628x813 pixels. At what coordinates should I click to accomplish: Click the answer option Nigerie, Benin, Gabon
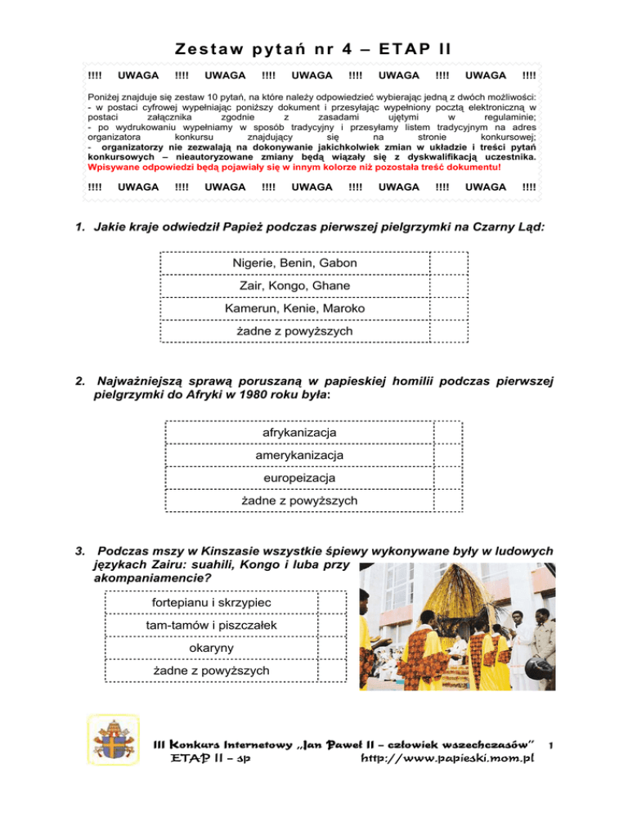point(294,263)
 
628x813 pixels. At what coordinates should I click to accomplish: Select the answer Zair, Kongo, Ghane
point(294,286)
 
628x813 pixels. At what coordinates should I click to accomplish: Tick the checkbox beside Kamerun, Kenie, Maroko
point(448,308)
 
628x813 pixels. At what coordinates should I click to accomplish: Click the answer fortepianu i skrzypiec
point(212,603)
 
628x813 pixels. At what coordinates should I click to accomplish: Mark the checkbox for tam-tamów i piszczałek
point(332,626)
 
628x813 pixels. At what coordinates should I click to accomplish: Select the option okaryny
point(212,648)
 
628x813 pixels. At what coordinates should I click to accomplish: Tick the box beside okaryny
point(332,648)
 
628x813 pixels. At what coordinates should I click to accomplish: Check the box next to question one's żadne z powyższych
point(448,331)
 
